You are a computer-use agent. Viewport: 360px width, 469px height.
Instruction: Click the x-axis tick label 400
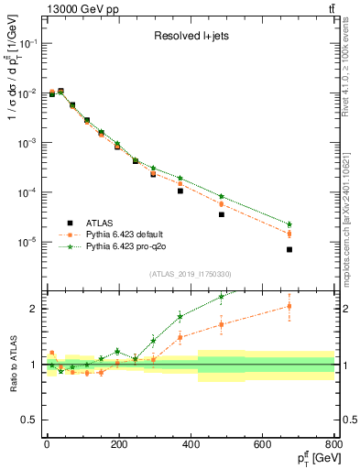pos(191,443)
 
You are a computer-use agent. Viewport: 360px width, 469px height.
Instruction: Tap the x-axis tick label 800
pos(334,443)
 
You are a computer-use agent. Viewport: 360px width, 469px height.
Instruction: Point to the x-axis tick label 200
pos(118,443)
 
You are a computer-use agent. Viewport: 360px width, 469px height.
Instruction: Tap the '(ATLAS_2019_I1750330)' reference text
pos(190,274)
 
